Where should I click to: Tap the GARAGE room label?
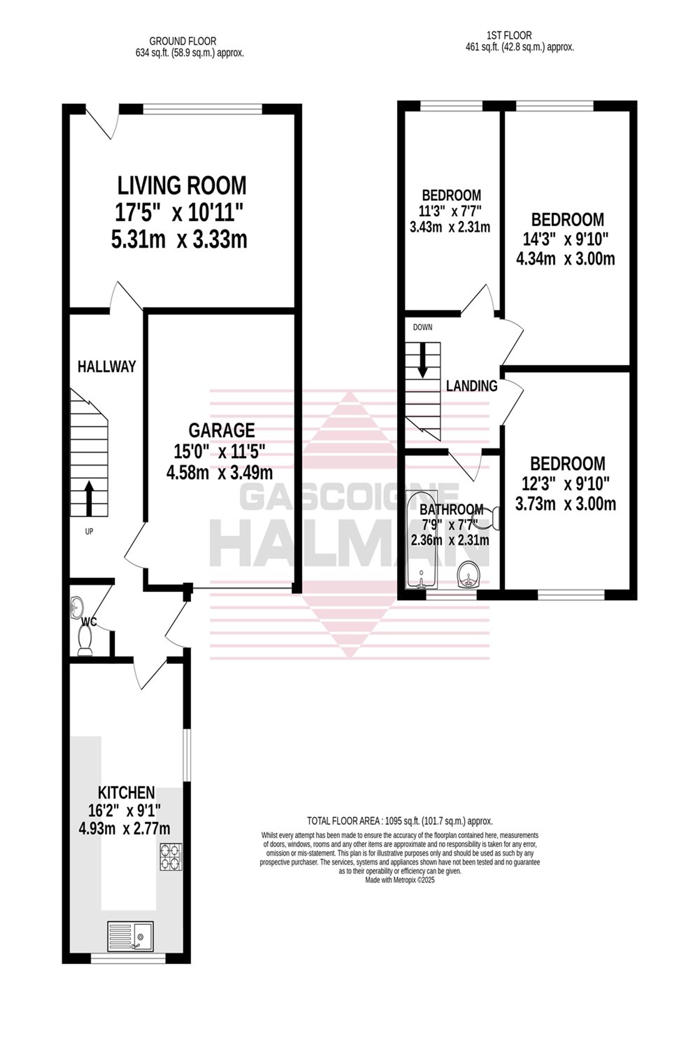pyautogui.click(x=222, y=430)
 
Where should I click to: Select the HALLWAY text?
pyautogui.click(x=107, y=366)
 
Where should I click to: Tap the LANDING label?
pyautogui.click(x=471, y=386)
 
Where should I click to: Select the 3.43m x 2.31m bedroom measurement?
pyautogui.click(x=450, y=227)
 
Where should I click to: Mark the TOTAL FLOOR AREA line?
pyautogui.click(x=400, y=821)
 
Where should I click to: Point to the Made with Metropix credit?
pyautogui.click(x=400, y=880)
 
